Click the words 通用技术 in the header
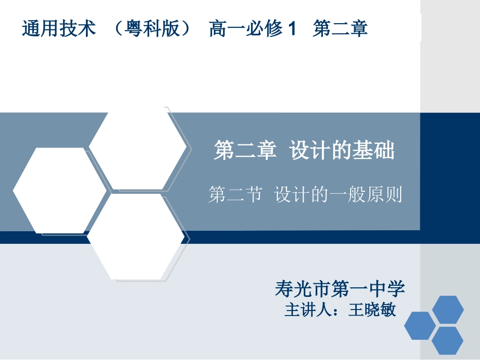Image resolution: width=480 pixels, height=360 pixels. point(59,28)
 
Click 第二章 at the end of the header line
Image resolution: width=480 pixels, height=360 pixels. point(340,28)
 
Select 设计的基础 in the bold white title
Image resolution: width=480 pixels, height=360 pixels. point(342,150)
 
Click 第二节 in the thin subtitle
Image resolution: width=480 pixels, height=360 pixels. point(235,194)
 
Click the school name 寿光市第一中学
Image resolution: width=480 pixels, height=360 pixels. point(340,289)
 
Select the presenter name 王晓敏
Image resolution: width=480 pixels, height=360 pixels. point(372,310)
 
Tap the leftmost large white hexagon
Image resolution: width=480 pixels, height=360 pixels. point(59,190)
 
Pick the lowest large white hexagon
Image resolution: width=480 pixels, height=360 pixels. point(135,236)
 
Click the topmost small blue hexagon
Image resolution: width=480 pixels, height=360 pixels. point(448,310)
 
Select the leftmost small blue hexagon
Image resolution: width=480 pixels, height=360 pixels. point(420,326)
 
